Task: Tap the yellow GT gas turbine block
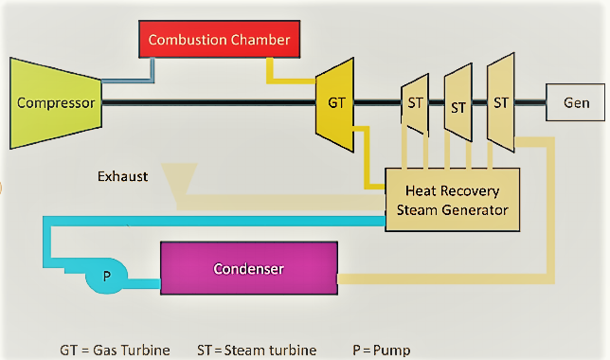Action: tap(334, 100)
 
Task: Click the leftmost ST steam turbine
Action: tap(415, 100)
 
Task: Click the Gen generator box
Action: tap(574, 101)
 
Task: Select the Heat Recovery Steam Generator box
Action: tap(452, 200)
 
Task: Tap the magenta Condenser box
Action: tap(248, 269)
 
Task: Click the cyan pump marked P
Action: tap(105, 276)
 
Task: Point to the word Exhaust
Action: tap(122, 176)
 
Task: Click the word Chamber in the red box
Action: tap(257, 40)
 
